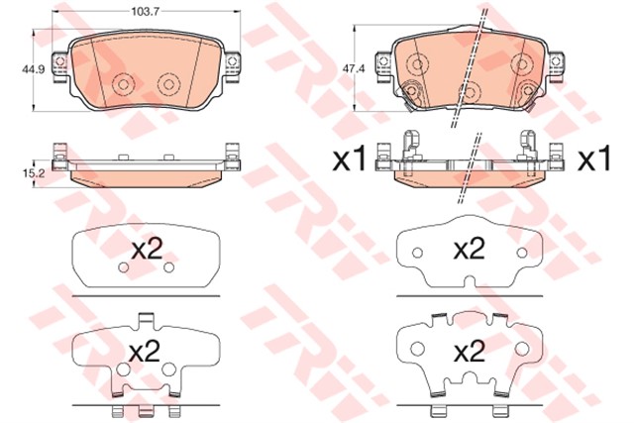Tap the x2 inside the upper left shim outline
click(x=147, y=250)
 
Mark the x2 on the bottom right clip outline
click(x=471, y=351)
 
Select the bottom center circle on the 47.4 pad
click(x=472, y=92)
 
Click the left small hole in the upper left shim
click(x=124, y=268)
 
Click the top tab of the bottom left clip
click(x=145, y=319)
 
